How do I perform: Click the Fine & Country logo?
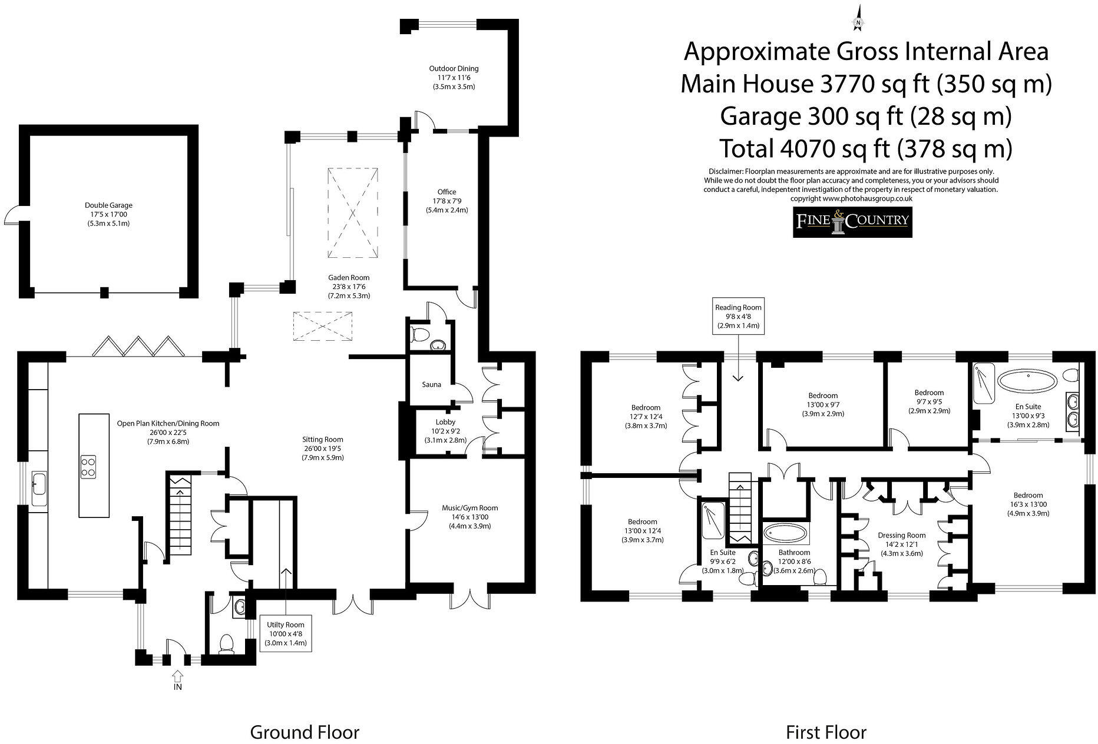pos(852,221)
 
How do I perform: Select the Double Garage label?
pos(108,214)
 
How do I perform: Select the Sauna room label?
pos(431,384)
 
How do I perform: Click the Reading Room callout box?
pos(738,316)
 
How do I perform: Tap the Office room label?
pos(447,200)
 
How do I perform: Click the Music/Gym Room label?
pos(469,517)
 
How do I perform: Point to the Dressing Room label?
pos(901,544)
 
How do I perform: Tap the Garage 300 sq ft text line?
pos(866,116)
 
